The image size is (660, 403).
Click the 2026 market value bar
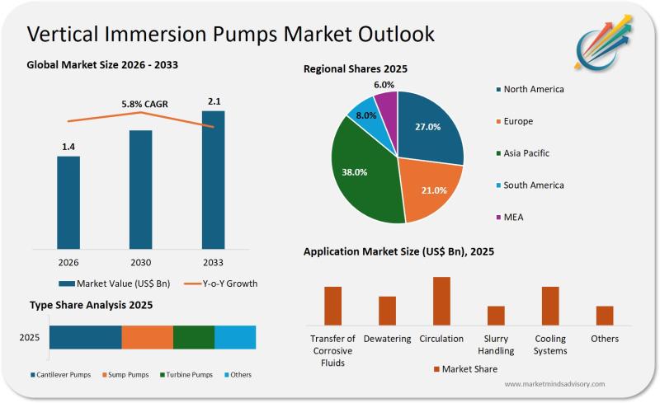point(68,202)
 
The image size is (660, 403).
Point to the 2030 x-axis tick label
point(140,262)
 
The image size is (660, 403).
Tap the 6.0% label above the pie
point(384,85)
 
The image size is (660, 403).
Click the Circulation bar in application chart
point(441,301)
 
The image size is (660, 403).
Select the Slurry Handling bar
point(496,316)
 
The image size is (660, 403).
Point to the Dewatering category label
point(387,339)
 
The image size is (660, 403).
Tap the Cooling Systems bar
point(550,306)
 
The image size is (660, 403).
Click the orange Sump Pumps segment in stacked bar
point(148,337)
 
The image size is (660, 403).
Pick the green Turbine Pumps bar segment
point(194,337)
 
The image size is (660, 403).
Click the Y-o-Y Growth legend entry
point(223,284)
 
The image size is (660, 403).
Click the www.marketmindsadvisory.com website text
point(554,384)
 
